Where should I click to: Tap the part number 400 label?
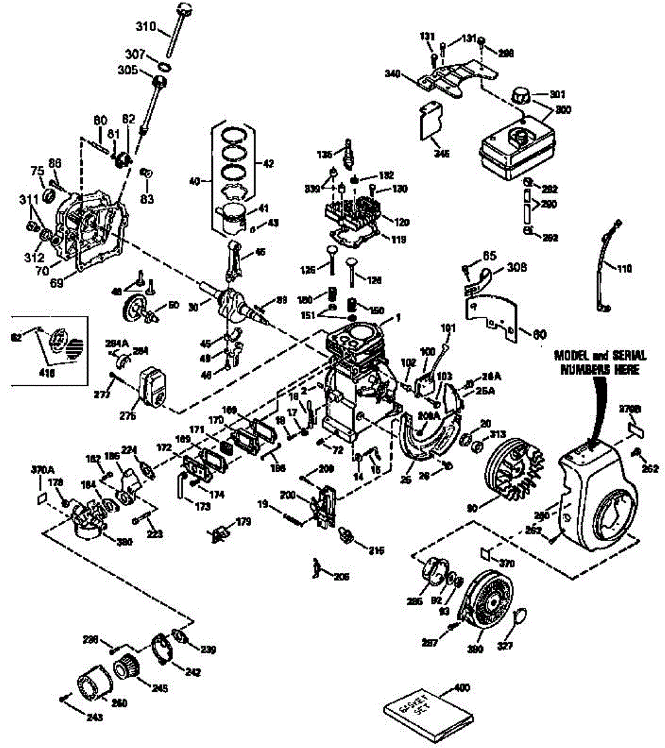462,688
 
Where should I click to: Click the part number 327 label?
505,647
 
